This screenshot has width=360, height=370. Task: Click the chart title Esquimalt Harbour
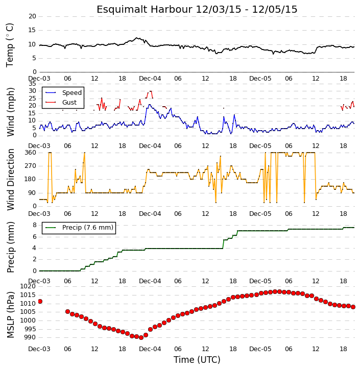pos(145,10)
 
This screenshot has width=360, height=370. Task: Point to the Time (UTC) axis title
pos(197,360)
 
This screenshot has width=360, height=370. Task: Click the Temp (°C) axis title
pos(10,45)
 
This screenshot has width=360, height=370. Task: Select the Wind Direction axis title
pos(10,180)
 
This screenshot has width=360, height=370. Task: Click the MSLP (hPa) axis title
pos(10,315)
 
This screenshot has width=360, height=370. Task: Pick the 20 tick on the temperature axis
pos(32,16)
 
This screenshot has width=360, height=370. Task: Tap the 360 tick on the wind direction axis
pos(31,153)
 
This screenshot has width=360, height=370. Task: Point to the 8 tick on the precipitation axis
pos(34,225)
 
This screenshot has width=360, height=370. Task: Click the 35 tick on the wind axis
pos(32,84)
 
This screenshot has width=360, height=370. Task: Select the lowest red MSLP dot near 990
pos(141,338)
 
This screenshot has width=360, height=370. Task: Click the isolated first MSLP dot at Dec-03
pos(40,301)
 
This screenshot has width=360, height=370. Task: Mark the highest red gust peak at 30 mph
pos(150,91)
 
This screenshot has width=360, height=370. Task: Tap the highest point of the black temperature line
pos(136,38)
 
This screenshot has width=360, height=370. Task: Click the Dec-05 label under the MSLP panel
pos(260,349)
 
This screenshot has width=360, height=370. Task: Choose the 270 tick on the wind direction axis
pos(31,166)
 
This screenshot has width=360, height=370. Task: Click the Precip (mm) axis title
pos(10,248)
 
